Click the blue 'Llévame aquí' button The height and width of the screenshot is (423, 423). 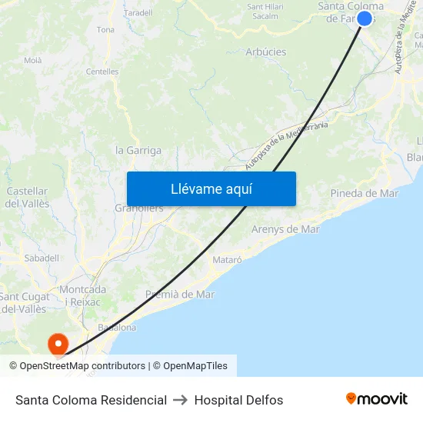[211, 189]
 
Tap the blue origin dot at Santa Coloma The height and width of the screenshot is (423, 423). [365, 18]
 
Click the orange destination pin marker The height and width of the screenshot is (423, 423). [58, 343]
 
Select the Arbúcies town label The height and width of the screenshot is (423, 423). [266, 52]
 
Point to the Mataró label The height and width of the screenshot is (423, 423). [226, 260]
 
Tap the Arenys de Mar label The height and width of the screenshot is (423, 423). [285, 229]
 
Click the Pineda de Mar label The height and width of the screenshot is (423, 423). [364, 193]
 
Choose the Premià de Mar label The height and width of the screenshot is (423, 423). [180, 295]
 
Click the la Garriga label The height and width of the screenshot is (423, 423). [138, 151]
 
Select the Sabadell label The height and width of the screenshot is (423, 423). [42, 258]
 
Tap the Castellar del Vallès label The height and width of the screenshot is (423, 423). [27, 198]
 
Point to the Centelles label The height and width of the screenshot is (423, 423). [102, 72]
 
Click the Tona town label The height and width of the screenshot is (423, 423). [105, 30]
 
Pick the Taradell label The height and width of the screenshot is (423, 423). [138, 13]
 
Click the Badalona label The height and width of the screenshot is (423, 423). [117, 327]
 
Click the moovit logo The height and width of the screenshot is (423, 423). [376, 399]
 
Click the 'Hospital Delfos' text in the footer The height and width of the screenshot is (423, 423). [238, 400]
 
